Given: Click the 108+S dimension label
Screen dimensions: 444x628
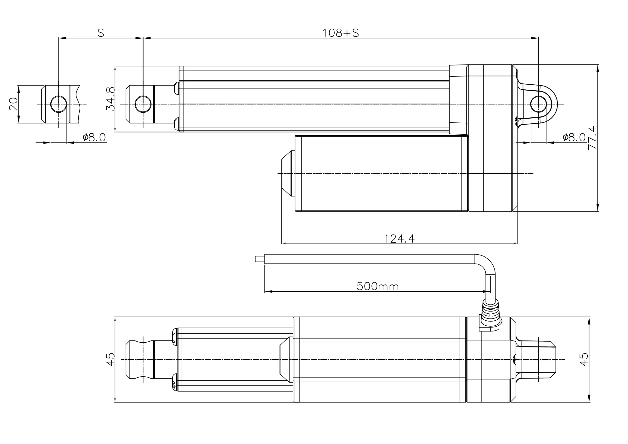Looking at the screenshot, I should (340, 33).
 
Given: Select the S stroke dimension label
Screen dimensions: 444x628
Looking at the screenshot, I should (101, 33).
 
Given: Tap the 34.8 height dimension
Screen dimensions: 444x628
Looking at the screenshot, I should (110, 99).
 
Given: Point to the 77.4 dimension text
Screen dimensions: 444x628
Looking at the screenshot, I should (592, 138).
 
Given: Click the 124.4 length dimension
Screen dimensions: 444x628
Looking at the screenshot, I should (399, 239).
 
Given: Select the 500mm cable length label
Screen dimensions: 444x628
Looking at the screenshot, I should (377, 286).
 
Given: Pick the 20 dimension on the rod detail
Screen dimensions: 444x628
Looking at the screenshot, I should (14, 104).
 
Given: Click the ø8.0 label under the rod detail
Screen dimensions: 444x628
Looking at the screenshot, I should (94, 138).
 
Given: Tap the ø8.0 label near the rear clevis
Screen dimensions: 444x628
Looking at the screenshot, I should (574, 138).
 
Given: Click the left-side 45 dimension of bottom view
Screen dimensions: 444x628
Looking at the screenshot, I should (110, 359).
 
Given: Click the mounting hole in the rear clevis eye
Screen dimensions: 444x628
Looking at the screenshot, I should (538, 104).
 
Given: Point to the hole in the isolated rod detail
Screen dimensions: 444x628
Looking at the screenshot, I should (59, 104).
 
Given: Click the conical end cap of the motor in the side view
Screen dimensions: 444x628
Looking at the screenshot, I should (288, 173).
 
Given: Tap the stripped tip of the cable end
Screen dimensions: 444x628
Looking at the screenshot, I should (260, 259).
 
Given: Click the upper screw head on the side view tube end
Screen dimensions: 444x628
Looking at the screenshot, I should (176, 88).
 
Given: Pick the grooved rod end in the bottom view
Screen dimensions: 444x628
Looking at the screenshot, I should (140, 359).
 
